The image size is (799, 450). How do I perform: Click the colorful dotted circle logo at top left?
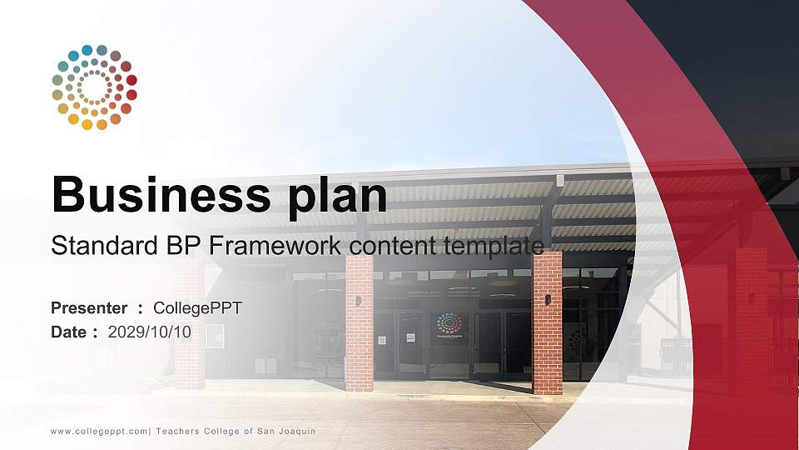(94, 87)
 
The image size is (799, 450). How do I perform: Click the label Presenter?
(89, 308)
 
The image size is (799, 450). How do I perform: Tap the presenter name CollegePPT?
(197, 308)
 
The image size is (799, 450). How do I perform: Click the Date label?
(69, 332)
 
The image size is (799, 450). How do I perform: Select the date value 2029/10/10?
(150, 332)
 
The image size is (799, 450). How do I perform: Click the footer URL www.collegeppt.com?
(100, 431)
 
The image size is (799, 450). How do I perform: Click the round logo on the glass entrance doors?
(449, 323)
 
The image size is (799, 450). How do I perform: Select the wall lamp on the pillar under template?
(548, 299)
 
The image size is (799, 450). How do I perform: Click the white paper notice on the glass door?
(410, 338)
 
